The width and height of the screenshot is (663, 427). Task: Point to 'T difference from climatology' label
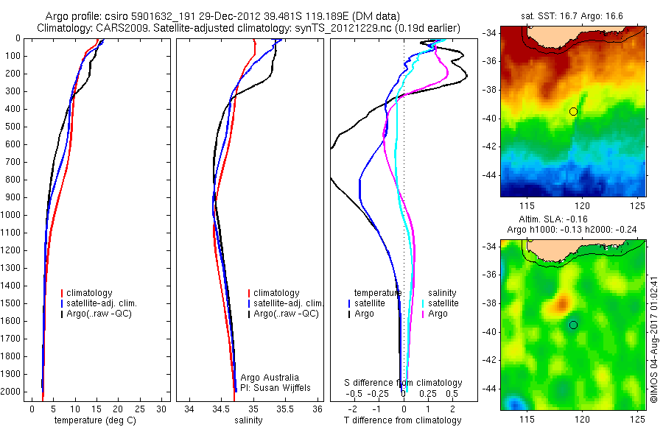click(402, 420)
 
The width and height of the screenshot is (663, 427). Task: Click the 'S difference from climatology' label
click(403, 383)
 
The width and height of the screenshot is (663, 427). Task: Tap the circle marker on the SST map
click(573, 111)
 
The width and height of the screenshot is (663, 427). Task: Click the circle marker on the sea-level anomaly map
click(573, 325)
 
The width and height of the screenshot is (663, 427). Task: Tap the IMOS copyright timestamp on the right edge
click(654, 324)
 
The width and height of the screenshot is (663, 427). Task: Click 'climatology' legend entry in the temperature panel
click(90, 293)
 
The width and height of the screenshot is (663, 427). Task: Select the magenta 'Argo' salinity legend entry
click(438, 314)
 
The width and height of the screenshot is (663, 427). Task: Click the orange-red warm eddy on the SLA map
click(562, 302)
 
